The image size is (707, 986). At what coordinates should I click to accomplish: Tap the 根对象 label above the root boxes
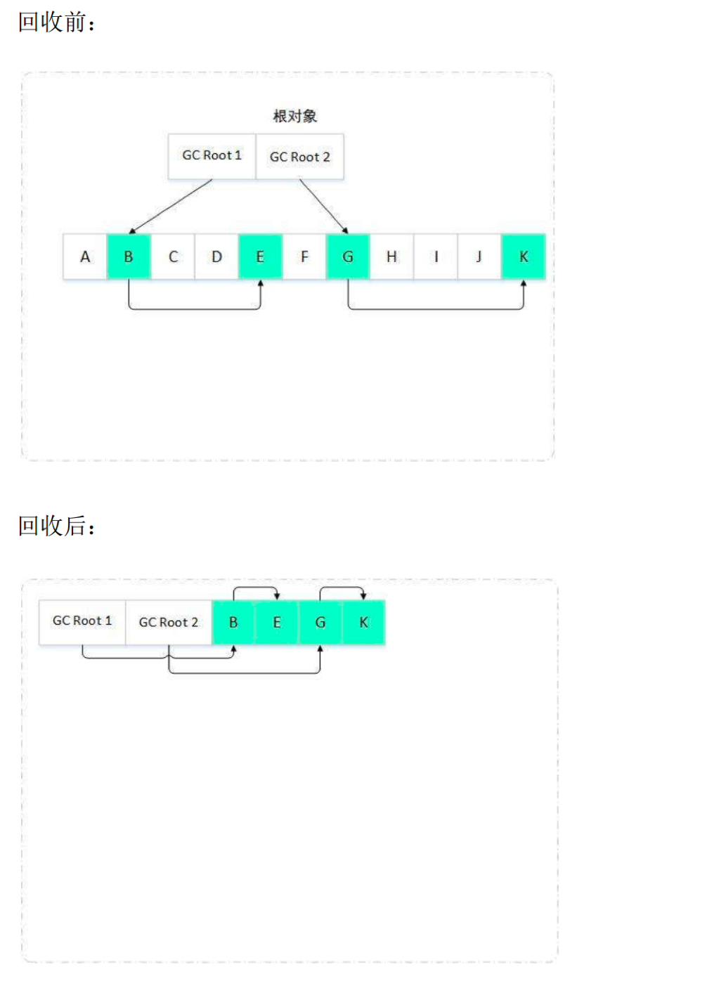coord(294,116)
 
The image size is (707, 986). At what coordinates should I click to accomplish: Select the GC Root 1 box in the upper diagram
coord(212,156)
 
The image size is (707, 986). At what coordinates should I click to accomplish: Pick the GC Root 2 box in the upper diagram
coord(299,156)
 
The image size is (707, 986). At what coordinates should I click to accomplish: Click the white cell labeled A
coord(85,257)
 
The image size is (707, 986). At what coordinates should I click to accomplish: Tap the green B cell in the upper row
coord(129,257)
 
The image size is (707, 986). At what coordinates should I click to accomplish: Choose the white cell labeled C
coord(173,257)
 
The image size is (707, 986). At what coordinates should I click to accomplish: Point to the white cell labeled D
coord(216,257)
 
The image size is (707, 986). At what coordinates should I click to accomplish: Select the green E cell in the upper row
coord(260,257)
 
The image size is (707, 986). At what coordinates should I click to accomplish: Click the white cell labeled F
coord(304,257)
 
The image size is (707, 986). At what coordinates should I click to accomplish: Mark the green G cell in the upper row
coord(348,257)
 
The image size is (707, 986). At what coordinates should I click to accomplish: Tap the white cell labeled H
coord(391,257)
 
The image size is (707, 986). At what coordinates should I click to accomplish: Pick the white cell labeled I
coord(436,257)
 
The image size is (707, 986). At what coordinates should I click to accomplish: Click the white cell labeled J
coord(479,257)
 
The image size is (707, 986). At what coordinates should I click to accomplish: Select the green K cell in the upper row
coord(524,257)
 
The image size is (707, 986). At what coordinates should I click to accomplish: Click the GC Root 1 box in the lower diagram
coord(82,623)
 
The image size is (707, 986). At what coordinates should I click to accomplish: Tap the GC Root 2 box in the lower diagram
coord(169,623)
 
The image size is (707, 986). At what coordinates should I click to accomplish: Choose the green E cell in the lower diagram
coord(277,623)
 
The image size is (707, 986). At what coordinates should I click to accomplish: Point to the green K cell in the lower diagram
coord(363,623)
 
